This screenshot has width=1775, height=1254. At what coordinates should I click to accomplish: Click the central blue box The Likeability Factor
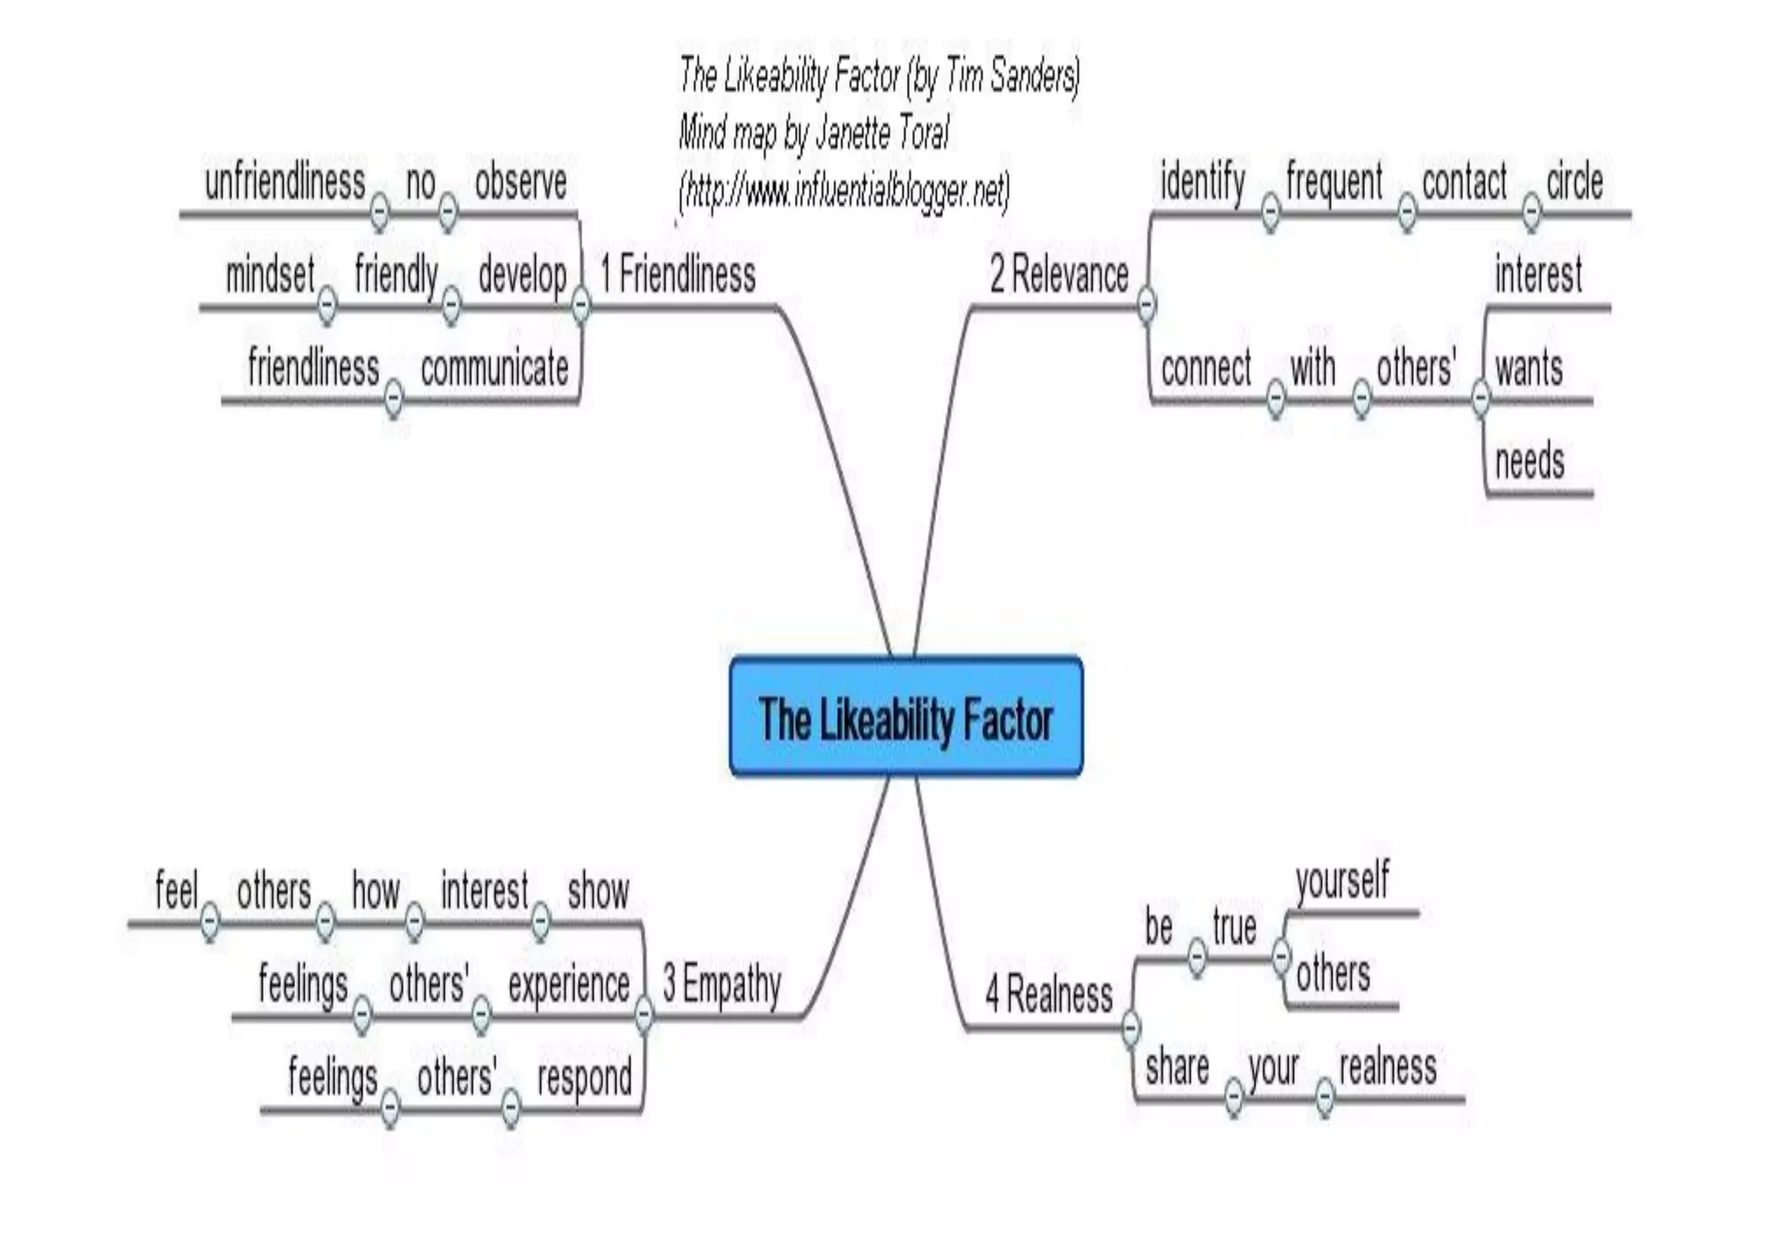pos(906,718)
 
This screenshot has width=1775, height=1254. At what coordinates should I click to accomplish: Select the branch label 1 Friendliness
pos(678,275)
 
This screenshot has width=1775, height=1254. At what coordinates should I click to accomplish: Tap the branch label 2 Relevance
pos(1059,275)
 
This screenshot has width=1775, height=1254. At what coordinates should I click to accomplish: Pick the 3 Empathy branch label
pos(722,985)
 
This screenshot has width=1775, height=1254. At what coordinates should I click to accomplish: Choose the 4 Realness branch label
pos(1049,994)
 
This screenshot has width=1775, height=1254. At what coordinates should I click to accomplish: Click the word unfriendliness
pos(284,183)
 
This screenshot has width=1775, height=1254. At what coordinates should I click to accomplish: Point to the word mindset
pos(270,276)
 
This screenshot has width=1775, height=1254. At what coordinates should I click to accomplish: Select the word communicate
pos(494,368)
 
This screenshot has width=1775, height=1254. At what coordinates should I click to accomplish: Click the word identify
pos(1202,182)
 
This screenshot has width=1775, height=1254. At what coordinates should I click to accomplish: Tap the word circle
pos(1574,182)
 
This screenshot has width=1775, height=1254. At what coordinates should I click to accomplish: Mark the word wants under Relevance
pos(1529,368)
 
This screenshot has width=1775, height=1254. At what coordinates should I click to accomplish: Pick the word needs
pos(1530,461)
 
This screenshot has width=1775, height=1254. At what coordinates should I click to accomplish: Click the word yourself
pos(1342,880)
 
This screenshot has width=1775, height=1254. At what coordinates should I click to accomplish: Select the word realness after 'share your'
pos(1388,1067)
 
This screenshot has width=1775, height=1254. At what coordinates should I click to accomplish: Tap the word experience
pos(569,985)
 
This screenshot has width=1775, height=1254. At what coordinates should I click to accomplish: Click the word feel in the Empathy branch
pos(176,891)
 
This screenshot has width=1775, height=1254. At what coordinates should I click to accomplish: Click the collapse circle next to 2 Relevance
pos(1146,304)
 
